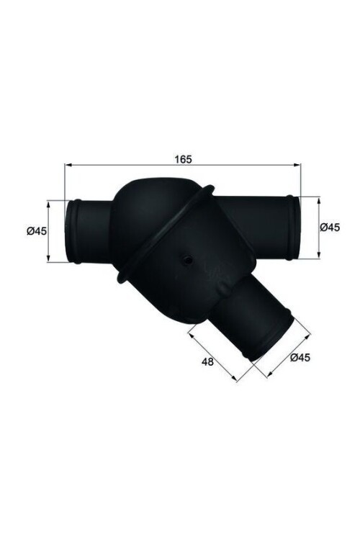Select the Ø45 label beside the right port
click(329, 227)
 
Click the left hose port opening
click(74, 231)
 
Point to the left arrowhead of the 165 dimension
click(67, 166)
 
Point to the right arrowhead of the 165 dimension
click(297, 166)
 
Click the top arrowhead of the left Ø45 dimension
click(49, 202)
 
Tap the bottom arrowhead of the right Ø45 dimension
click(318, 256)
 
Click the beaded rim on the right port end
click(292, 228)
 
